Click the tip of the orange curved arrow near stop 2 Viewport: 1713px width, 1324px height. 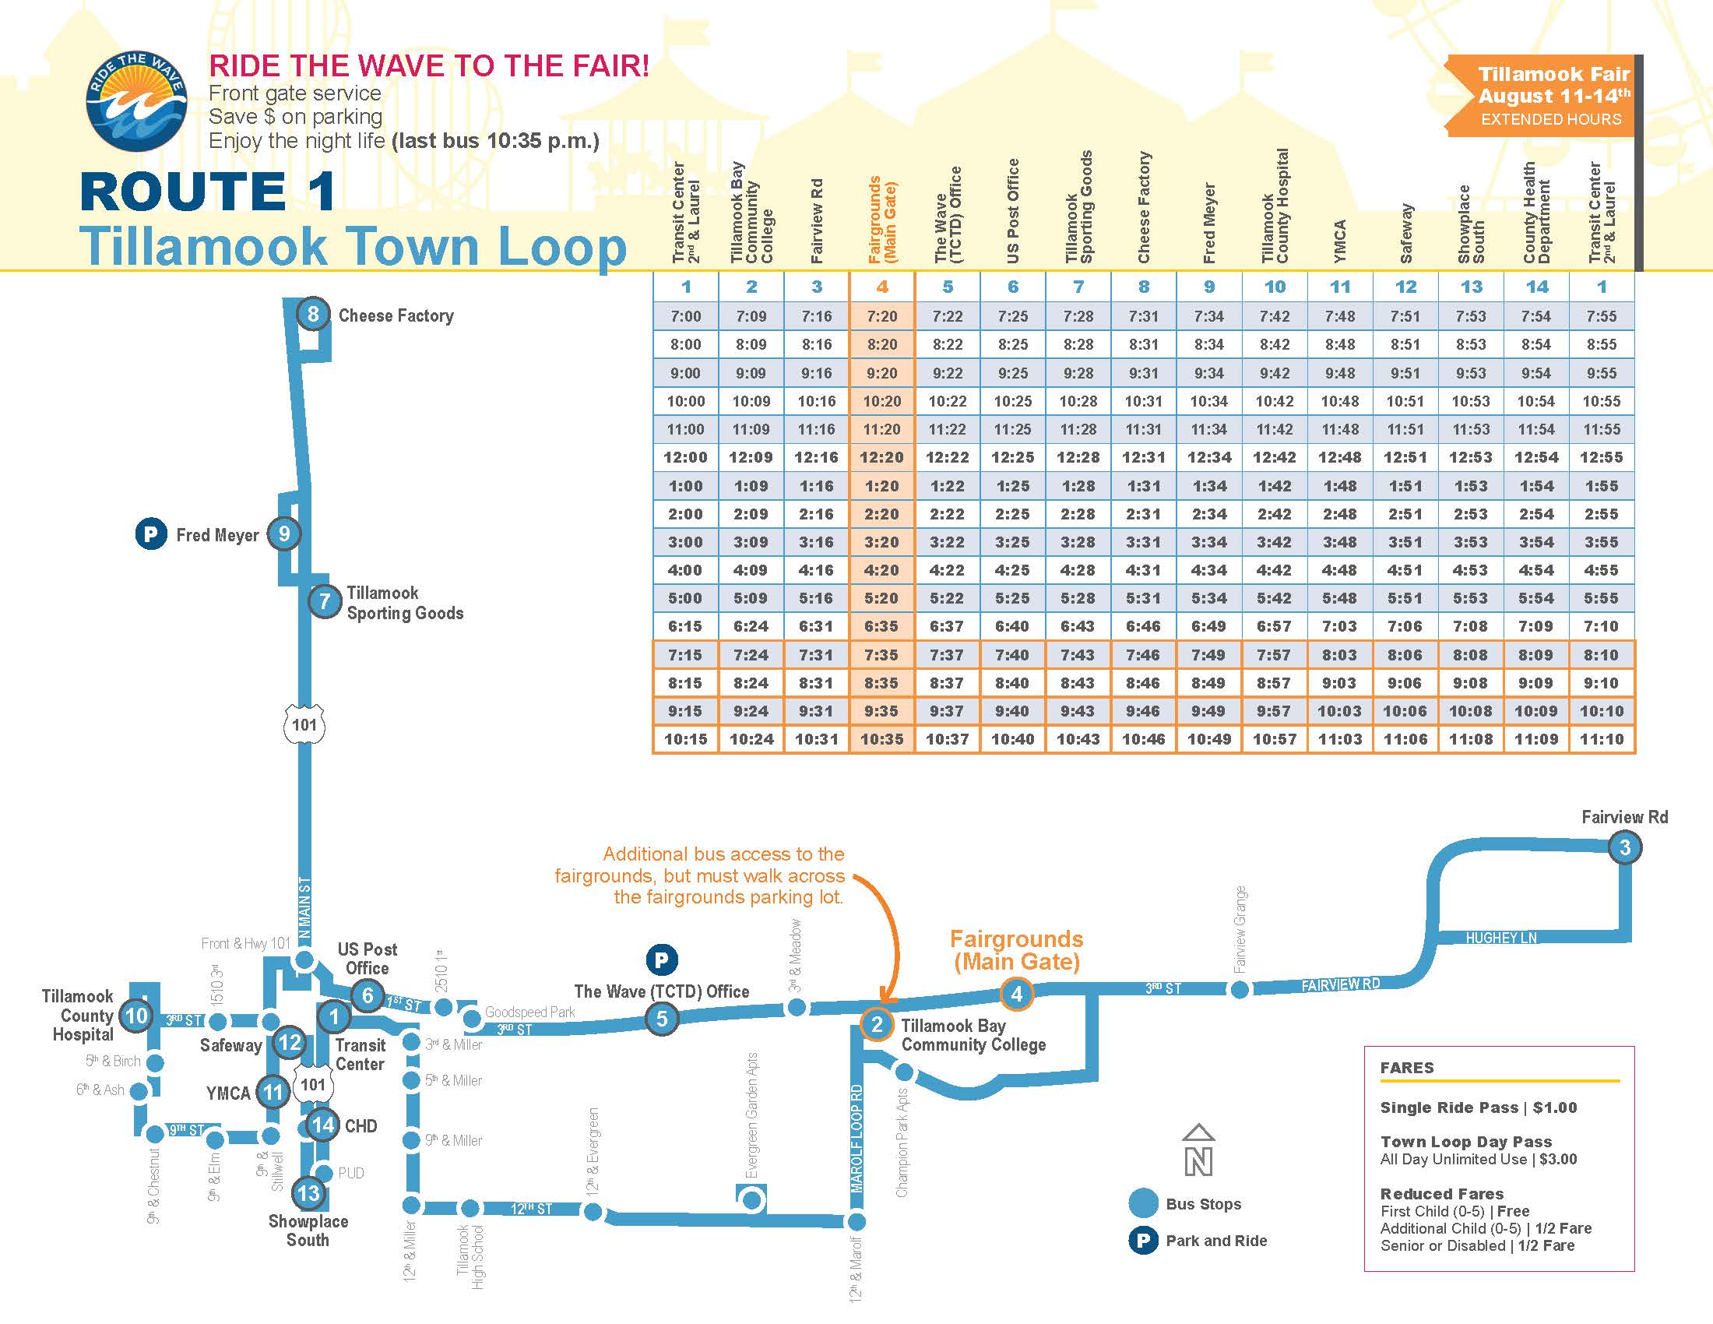(882, 1003)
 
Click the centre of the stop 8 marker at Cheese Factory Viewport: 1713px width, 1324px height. (312, 315)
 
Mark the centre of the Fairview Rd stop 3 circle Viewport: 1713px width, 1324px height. (1624, 847)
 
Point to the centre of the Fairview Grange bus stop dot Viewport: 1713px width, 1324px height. (1240, 990)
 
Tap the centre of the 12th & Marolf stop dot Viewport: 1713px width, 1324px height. (856, 1221)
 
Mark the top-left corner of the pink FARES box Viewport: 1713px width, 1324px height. (1365, 1046)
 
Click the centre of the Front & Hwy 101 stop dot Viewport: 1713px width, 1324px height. (304, 960)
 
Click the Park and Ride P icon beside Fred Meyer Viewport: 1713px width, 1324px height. (151, 534)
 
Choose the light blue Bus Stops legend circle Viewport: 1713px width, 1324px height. (1144, 1203)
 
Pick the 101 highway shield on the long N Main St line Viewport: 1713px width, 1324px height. (304, 725)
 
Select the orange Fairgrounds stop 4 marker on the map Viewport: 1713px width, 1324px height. (1016, 994)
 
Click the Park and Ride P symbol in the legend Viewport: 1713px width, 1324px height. (1144, 1240)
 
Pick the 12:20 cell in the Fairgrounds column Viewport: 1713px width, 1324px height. (881, 457)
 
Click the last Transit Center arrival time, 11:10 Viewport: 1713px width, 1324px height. (1602, 739)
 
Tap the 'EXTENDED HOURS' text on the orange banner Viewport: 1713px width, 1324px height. (1551, 119)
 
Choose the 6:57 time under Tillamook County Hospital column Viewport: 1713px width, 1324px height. (1275, 626)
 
